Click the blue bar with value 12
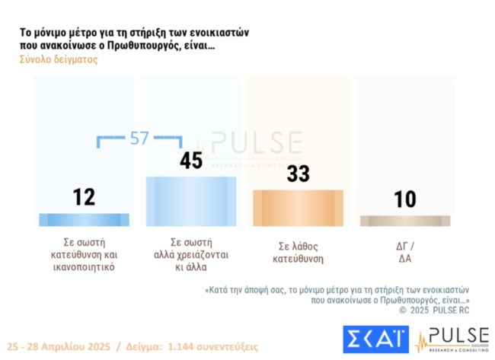tap(85, 219)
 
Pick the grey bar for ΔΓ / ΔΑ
tap(404, 221)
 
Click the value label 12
tap(84, 197)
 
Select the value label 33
tap(298, 174)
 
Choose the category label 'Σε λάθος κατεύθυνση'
tap(298, 251)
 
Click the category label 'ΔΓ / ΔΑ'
tap(404, 251)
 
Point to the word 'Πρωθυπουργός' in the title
tap(168, 46)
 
